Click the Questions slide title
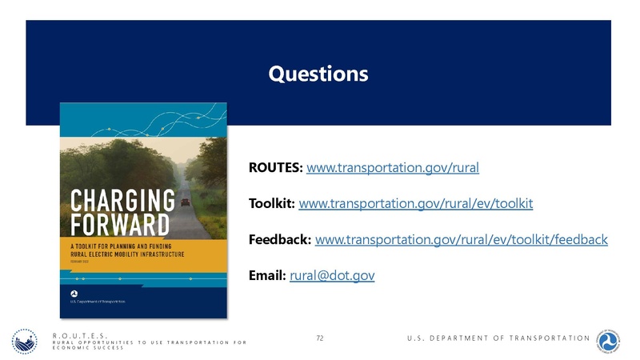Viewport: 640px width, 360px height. [318, 74]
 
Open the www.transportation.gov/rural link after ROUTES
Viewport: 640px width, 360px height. [393, 168]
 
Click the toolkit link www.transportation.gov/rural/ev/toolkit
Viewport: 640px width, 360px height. [415, 204]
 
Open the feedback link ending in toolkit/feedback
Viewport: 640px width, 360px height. [462, 239]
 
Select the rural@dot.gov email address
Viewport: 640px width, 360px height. [331, 275]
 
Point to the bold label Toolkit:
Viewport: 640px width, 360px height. [272, 204]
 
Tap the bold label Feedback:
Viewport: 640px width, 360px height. [281, 239]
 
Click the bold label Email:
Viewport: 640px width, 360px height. [267, 275]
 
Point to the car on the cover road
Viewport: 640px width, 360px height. [186, 203]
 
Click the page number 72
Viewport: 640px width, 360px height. [320, 338]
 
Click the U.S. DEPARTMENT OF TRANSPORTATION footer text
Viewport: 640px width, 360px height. [498, 338]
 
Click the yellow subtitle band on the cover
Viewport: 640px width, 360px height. [144, 250]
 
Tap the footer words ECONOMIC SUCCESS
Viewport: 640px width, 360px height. [87, 350]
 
